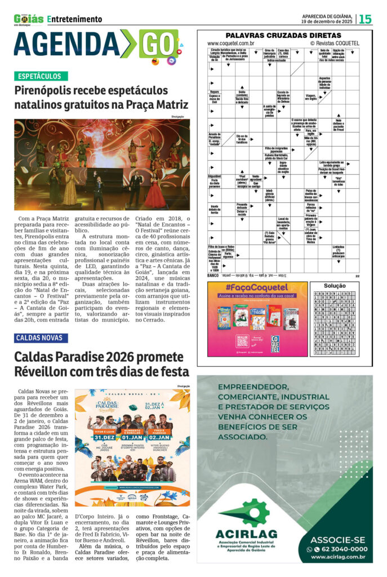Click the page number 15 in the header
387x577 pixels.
(366, 19)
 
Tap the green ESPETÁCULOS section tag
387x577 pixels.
(42, 76)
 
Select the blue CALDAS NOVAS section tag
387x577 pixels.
(42, 338)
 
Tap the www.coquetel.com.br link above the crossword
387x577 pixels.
(230, 43)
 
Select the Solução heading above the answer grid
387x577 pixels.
(335, 286)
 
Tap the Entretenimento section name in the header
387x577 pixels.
(75, 19)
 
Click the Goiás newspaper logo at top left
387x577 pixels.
(28, 19)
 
